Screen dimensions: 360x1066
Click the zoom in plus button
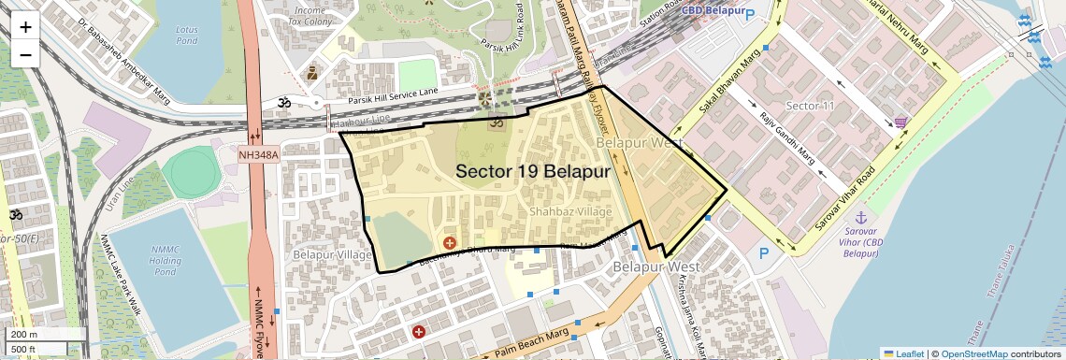pos(25,27)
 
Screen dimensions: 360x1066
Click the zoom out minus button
pos(25,54)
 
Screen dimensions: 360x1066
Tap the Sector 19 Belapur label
pos(533,172)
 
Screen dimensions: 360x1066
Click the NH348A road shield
pos(258,154)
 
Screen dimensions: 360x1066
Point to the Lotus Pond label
pos(186,36)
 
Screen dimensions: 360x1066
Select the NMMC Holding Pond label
pos(165,260)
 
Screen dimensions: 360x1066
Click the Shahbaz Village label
pos(570,212)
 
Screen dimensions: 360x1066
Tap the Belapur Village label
pos(333,254)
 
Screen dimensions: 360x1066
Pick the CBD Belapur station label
pos(717,10)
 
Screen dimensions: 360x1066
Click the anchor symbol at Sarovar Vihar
pos(848,217)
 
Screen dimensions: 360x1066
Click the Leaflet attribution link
pos(903,353)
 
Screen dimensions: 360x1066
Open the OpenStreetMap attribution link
pos(973,353)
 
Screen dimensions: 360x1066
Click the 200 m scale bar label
pos(24,335)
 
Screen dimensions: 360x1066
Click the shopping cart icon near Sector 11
pos(900,122)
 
